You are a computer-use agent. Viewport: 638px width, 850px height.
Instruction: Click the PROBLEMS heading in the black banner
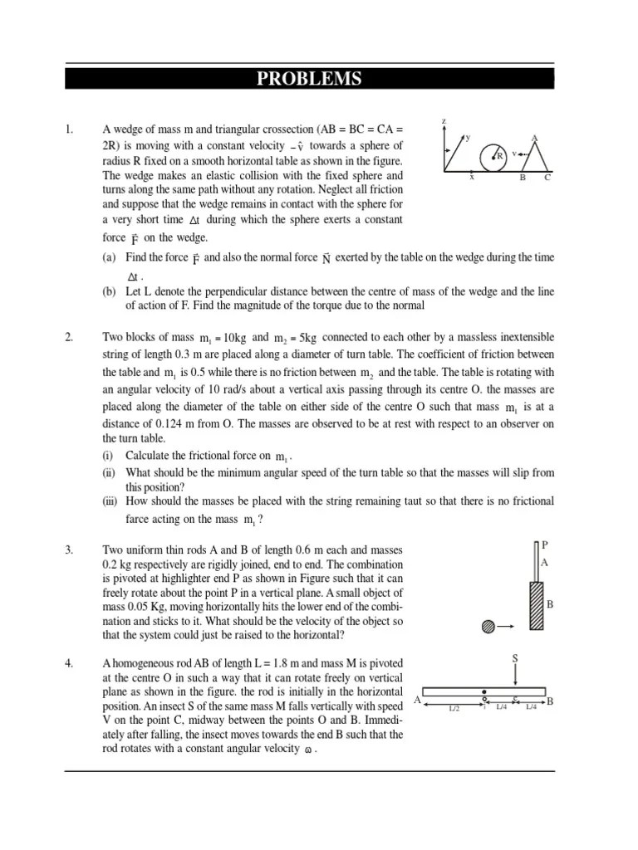point(309,79)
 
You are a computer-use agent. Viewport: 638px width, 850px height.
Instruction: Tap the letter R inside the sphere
point(500,156)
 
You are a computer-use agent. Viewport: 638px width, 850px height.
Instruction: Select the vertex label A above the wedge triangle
point(534,138)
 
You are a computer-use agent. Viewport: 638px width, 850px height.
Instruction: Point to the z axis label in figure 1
point(444,121)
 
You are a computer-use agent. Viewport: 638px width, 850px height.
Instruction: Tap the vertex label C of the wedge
point(547,177)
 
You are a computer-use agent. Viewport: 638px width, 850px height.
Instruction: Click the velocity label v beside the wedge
point(514,154)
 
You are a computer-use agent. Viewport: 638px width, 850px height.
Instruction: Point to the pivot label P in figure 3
point(545,545)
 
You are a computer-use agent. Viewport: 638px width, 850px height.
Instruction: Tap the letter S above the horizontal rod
point(515,658)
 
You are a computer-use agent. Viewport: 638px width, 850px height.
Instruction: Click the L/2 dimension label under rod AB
point(454,708)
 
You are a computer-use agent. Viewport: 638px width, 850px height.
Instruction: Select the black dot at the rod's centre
point(484,691)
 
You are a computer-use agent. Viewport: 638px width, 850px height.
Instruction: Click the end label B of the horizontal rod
point(550,702)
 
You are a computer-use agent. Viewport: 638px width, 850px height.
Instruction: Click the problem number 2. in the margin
point(69,337)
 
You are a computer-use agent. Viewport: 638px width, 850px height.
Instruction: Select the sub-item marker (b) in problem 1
point(109,293)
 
